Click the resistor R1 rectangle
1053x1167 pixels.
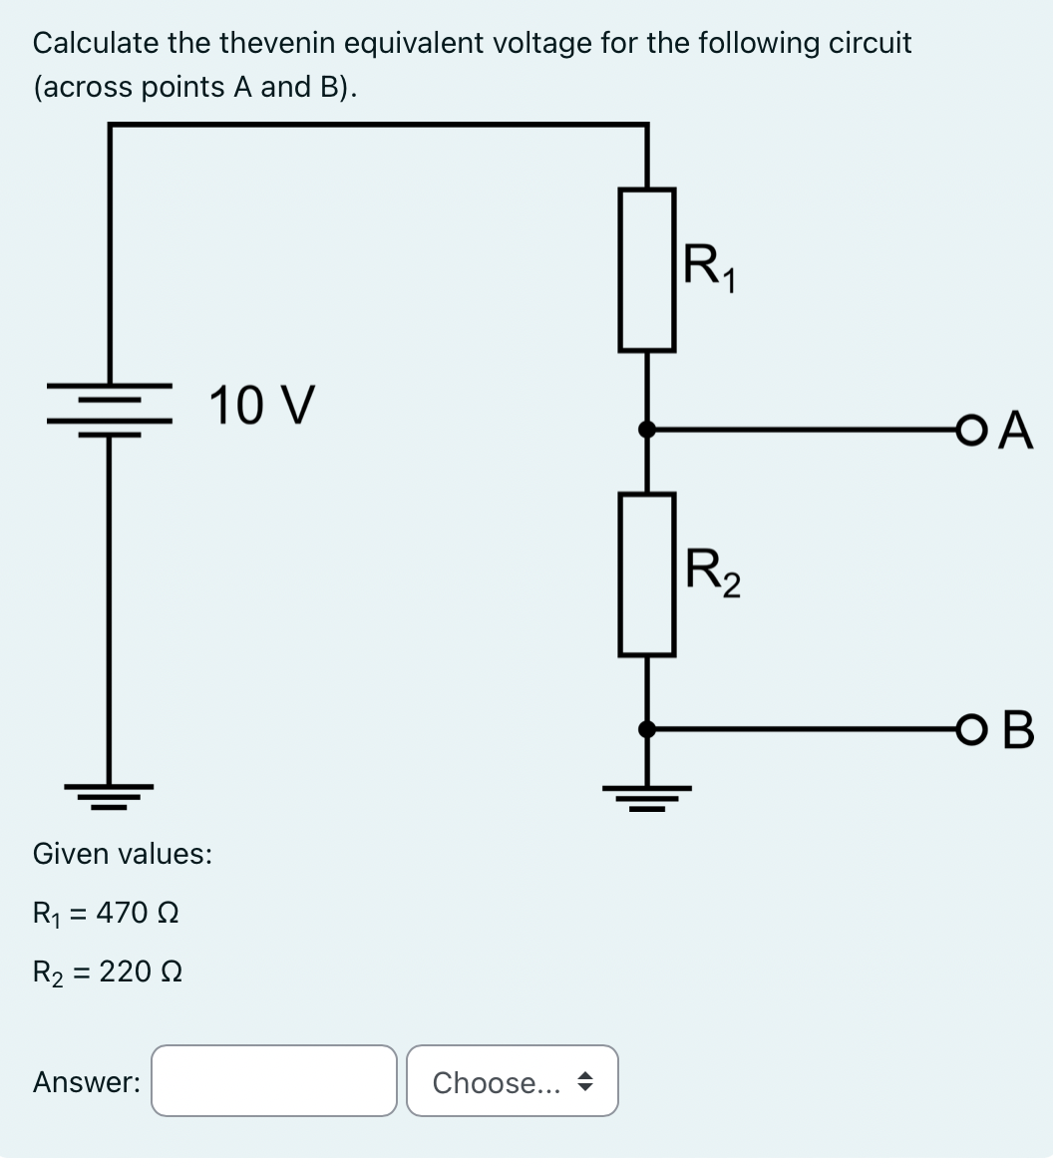point(647,269)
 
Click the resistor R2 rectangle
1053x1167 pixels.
point(647,574)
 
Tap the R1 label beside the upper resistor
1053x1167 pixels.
point(711,267)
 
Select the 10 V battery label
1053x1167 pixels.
point(262,405)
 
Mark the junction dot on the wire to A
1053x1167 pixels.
point(647,430)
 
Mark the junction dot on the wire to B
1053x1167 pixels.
point(647,730)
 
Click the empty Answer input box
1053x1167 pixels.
point(274,1080)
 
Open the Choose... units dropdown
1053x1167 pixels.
point(513,1080)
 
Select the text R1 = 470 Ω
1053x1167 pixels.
point(106,913)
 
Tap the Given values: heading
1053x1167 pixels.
point(122,854)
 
